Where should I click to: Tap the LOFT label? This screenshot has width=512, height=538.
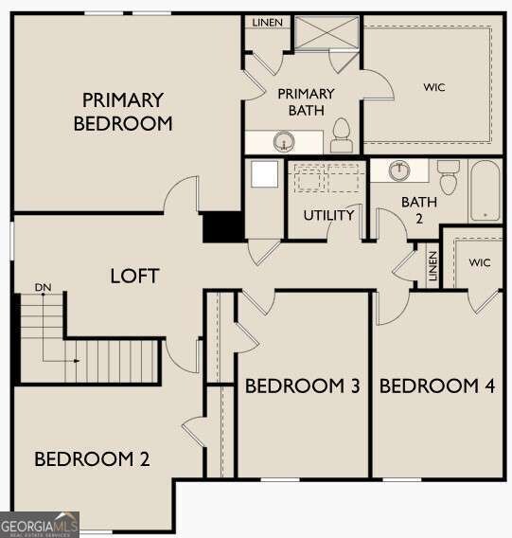[134, 276]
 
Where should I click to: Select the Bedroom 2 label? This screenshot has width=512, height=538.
[92, 459]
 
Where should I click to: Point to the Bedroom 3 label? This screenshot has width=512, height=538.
[302, 386]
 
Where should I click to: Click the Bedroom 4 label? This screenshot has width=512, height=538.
[437, 386]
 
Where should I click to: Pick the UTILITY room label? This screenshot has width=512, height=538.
[328, 215]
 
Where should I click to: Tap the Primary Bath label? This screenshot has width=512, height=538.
[306, 101]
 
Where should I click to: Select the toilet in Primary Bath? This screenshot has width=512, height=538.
[343, 137]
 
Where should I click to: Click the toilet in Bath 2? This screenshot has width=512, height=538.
[449, 177]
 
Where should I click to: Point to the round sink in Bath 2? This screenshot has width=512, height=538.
[399, 170]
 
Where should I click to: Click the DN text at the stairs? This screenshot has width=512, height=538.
[43, 286]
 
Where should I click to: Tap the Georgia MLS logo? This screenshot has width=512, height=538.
[40, 525]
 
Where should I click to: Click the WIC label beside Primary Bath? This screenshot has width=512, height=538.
[434, 87]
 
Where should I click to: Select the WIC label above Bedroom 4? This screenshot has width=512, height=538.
[480, 262]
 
